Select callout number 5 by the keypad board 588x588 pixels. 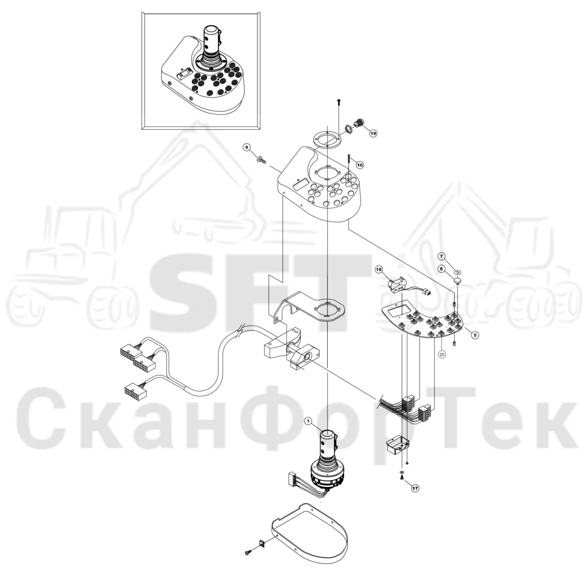(x=475, y=335)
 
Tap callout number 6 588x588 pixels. (x=441, y=269)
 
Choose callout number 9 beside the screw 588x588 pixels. (x=247, y=147)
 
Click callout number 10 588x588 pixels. (x=360, y=165)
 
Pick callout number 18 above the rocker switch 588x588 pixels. (x=379, y=270)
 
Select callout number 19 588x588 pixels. (x=373, y=133)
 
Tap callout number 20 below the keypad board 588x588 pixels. (x=442, y=354)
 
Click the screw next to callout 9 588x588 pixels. (x=262, y=159)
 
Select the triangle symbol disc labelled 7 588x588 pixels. (x=458, y=272)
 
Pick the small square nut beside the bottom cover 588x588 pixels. (x=262, y=551)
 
